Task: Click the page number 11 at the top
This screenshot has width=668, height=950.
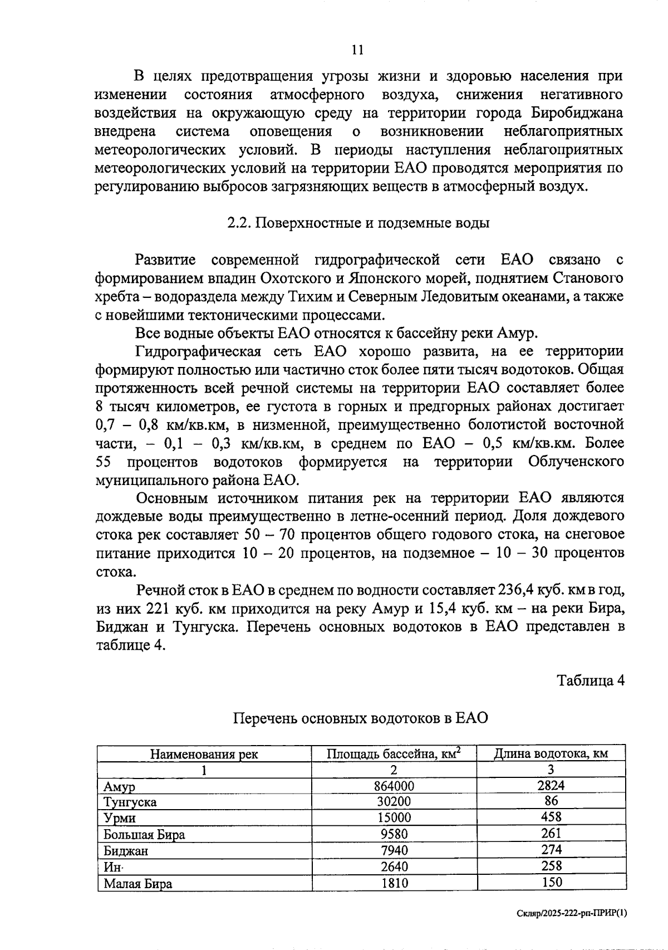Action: coord(357,50)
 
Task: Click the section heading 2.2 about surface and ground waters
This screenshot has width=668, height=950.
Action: coord(358,223)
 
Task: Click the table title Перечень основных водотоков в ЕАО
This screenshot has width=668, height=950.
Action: coord(360,718)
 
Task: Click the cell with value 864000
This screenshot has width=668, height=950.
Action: coord(394,786)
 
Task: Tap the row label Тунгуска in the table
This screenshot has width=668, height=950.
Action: coord(130,802)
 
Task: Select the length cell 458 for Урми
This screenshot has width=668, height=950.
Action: coord(551,817)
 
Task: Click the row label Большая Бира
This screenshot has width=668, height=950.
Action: coord(144,835)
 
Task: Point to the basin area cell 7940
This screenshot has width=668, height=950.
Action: coord(394,850)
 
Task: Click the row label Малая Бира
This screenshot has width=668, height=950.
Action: coord(138,884)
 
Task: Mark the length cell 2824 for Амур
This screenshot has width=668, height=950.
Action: coord(551,785)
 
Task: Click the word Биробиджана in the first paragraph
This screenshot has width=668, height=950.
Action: coord(577,113)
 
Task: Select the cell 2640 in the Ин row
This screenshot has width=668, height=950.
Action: coord(394,867)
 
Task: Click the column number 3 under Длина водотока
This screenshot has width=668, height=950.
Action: coord(551,770)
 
